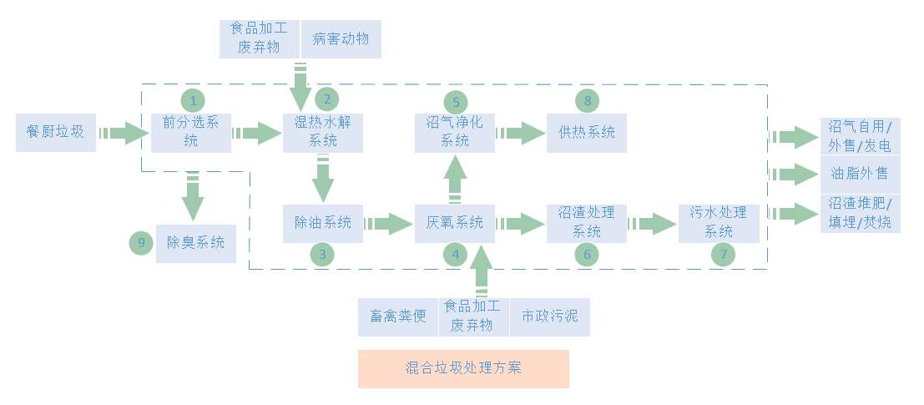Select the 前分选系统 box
tap(191, 132)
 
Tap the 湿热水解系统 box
tap(323, 132)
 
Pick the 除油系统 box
tap(323, 223)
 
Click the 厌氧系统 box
tap(455, 223)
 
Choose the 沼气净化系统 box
tap(455, 132)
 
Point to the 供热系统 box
tap(587, 132)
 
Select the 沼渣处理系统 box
tap(587, 223)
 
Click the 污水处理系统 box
tap(719, 223)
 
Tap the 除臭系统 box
tap(195, 244)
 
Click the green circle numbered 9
tap(142, 243)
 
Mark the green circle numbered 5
tap(456, 101)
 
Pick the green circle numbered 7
tap(724, 255)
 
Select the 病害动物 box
tap(341, 39)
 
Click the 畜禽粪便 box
tap(398, 316)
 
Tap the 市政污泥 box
tap(549, 316)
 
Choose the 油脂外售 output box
tap(860, 174)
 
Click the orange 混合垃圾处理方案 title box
tap(463, 368)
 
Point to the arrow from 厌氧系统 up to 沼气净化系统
tap(455, 178)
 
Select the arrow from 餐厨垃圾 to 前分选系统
tap(123, 132)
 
